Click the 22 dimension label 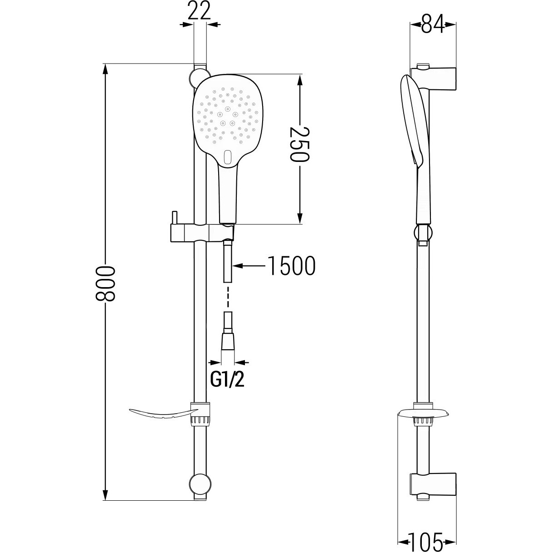[x=199, y=11]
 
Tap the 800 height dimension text [x=105, y=283]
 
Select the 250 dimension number [x=300, y=144]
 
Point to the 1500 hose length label [x=291, y=265]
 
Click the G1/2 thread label [x=227, y=380]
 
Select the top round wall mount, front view [x=198, y=78]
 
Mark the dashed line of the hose [x=228, y=297]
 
